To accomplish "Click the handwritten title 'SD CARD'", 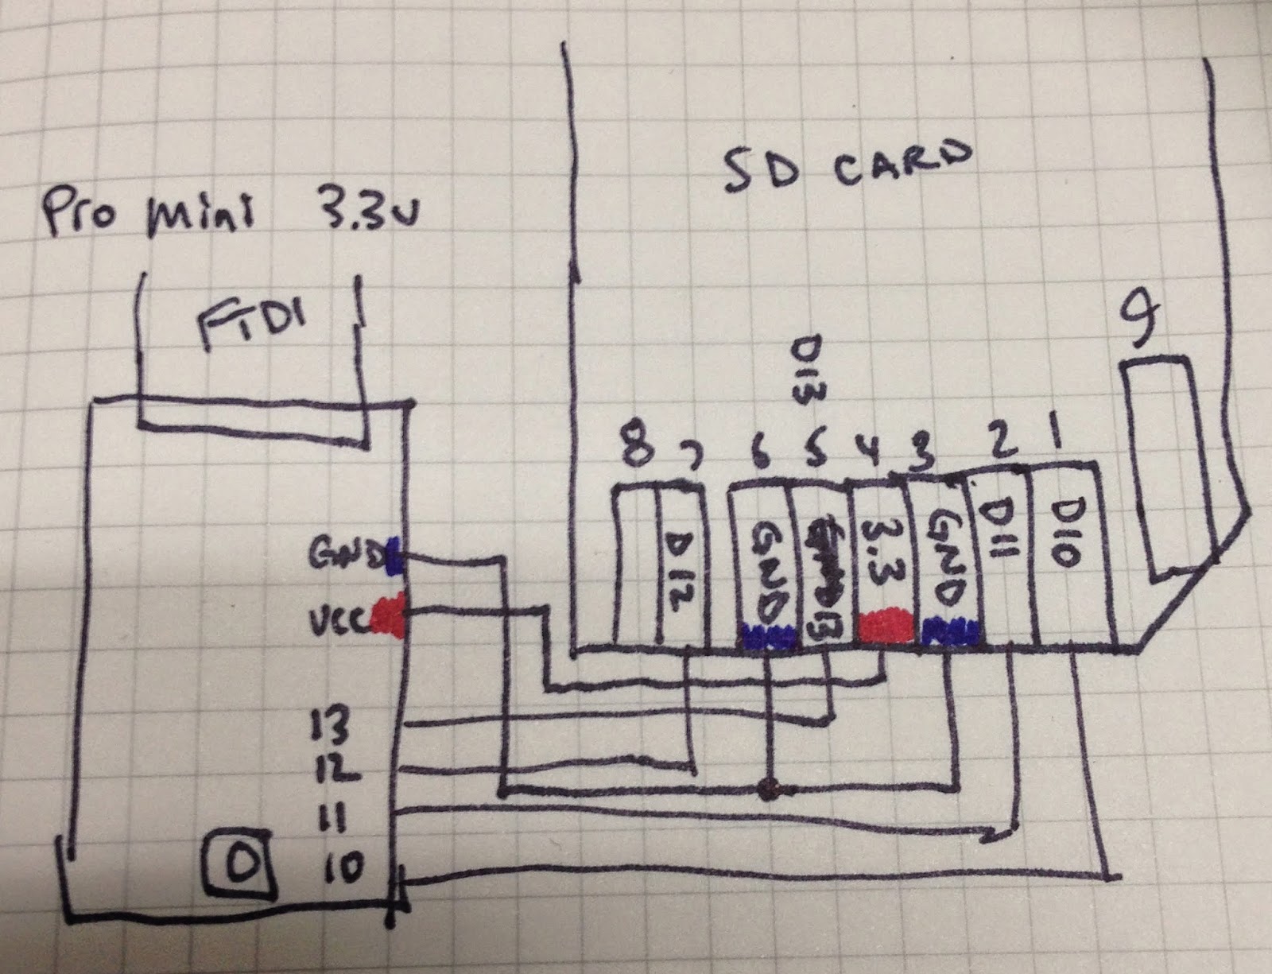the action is pyautogui.click(x=847, y=167).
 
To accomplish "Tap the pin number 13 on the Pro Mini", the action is pyautogui.click(x=332, y=726).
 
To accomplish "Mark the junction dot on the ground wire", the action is pyautogui.click(x=768, y=790).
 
